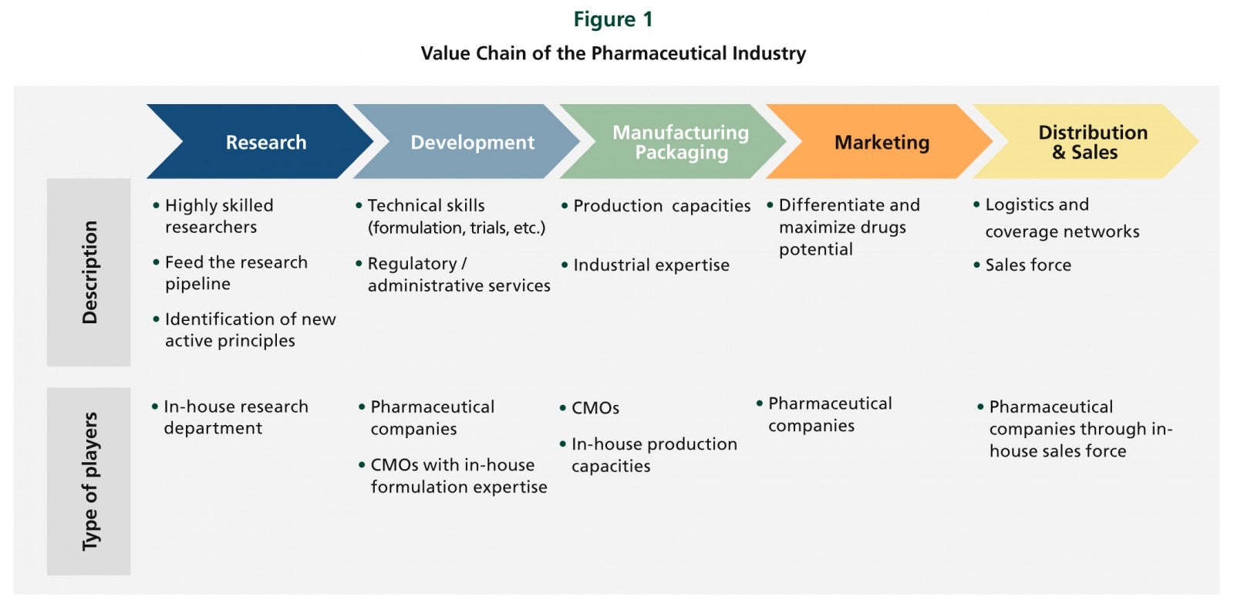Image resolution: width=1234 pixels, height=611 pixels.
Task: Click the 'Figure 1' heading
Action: [613, 19]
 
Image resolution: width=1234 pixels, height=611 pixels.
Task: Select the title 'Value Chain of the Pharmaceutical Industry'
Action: [613, 53]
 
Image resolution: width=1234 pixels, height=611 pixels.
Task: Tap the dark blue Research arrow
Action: [260, 142]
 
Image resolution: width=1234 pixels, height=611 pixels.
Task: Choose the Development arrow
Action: [467, 142]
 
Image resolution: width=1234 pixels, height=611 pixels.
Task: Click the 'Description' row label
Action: [89, 272]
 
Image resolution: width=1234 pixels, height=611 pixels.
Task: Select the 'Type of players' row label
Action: [89, 481]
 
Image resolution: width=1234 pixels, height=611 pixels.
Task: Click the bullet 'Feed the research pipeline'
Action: [231, 273]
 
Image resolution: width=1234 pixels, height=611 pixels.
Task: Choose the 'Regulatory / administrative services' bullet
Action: [453, 275]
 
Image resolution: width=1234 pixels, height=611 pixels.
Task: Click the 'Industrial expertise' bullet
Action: [645, 265]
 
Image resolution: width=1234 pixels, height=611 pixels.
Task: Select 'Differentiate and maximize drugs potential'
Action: [844, 227]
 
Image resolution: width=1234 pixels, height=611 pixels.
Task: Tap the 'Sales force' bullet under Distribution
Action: [1023, 265]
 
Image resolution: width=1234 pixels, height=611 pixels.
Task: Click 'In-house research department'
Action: [230, 417]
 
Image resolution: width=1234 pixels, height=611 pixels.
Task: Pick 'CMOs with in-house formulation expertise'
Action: [453, 475]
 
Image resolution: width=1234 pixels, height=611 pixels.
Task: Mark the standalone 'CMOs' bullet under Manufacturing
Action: [589, 408]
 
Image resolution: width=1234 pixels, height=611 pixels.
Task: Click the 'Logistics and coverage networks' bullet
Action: [1056, 218]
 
